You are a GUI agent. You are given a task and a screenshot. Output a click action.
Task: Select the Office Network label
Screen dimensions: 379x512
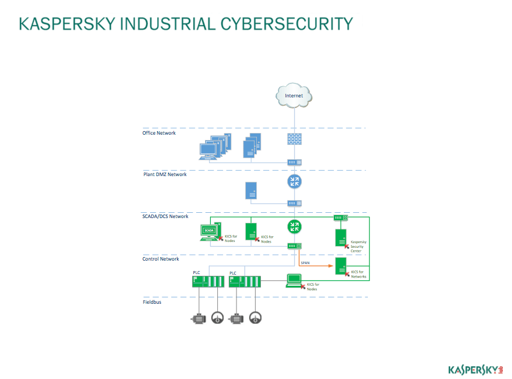(159, 133)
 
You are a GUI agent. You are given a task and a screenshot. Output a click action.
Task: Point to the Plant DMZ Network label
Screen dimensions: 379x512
(165, 174)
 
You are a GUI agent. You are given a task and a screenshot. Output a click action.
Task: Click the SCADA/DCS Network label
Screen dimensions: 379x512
(166, 216)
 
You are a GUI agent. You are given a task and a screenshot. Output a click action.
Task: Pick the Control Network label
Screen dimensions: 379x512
(161, 259)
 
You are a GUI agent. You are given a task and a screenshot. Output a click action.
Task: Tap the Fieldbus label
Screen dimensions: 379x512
(152, 301)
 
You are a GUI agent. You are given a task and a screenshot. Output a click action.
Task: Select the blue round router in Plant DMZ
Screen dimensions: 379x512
(294, 181)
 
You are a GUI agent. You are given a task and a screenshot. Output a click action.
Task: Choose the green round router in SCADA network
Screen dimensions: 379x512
(294, 226)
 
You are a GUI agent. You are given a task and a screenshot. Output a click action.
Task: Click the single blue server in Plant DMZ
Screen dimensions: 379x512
(251, 190)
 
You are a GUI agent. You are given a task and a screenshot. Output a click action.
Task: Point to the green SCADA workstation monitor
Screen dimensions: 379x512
(209, 231)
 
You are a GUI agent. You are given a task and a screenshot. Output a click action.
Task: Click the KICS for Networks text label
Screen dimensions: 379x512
(358, 274)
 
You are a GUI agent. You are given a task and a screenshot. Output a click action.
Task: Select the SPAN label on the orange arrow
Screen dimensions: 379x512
(305, 263)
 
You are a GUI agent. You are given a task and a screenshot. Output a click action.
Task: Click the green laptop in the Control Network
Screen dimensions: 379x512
(294, 281)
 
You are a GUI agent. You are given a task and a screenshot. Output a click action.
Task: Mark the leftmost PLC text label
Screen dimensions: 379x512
(197, 272)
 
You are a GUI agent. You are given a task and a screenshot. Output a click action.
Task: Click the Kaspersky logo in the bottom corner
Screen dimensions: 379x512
(476, 369)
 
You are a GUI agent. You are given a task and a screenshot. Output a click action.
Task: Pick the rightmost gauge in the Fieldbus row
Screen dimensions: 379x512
(255, 318)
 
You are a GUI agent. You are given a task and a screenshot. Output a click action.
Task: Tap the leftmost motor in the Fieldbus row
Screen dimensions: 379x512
(198, 318)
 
